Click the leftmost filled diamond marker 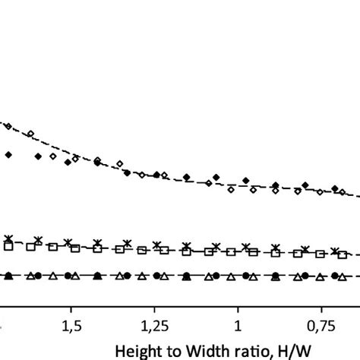[9, 155]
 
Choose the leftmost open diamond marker [8, 127]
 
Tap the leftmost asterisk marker [9, 239]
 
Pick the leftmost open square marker [8, 245]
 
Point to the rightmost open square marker [343, 255]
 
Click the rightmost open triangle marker [343, 275]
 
